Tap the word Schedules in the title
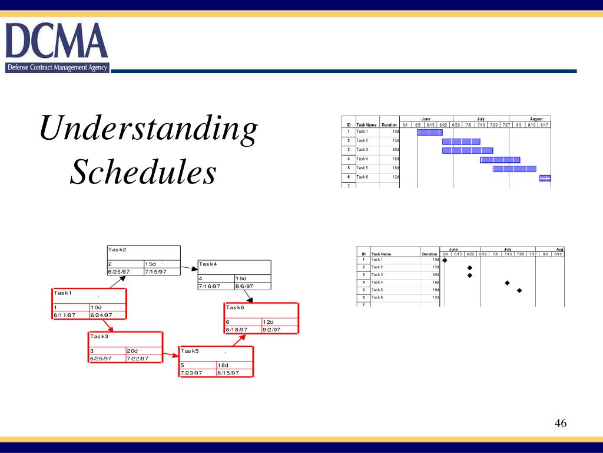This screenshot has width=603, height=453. pyautogui.click(x=143, y=173)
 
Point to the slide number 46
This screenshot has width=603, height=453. pyautogui.click(x=560, y=424)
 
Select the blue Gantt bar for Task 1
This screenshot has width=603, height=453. pyautogui.click(x=430, y=132)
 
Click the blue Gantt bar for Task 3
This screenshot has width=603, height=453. pyautogui.click(x=468, y=150)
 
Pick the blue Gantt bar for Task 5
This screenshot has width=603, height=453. pyautogui.click(x=514, y=169)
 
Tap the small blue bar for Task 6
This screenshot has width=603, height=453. pyautogui.click(x=545, y=178)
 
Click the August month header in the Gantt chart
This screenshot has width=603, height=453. pyautogui.click(x=536, y=119)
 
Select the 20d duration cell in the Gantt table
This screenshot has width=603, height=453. pyautogui.click(x=396, y=150)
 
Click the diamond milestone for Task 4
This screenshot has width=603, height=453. pyautogui.click(x=507, y=283)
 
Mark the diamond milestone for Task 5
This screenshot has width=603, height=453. pyautogui.click(x=519, y=290)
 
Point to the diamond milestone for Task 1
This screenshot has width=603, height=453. pyautogui.click(x=445, y=260)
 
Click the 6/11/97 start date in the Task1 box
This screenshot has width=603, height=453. pyautogui.click(x=65, y=315)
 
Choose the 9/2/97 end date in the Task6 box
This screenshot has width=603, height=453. pyautogui.click(x=271, y=329)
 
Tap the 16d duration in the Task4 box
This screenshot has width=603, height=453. pyautogui.click(x=241, y=278)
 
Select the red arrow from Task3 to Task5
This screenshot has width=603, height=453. pyautogui.click(x=171, y=355)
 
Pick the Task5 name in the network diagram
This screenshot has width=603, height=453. pyautogui.click(x=190, y=351)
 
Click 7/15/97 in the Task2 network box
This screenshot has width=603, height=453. pyautogui.click(x=155, y=271)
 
